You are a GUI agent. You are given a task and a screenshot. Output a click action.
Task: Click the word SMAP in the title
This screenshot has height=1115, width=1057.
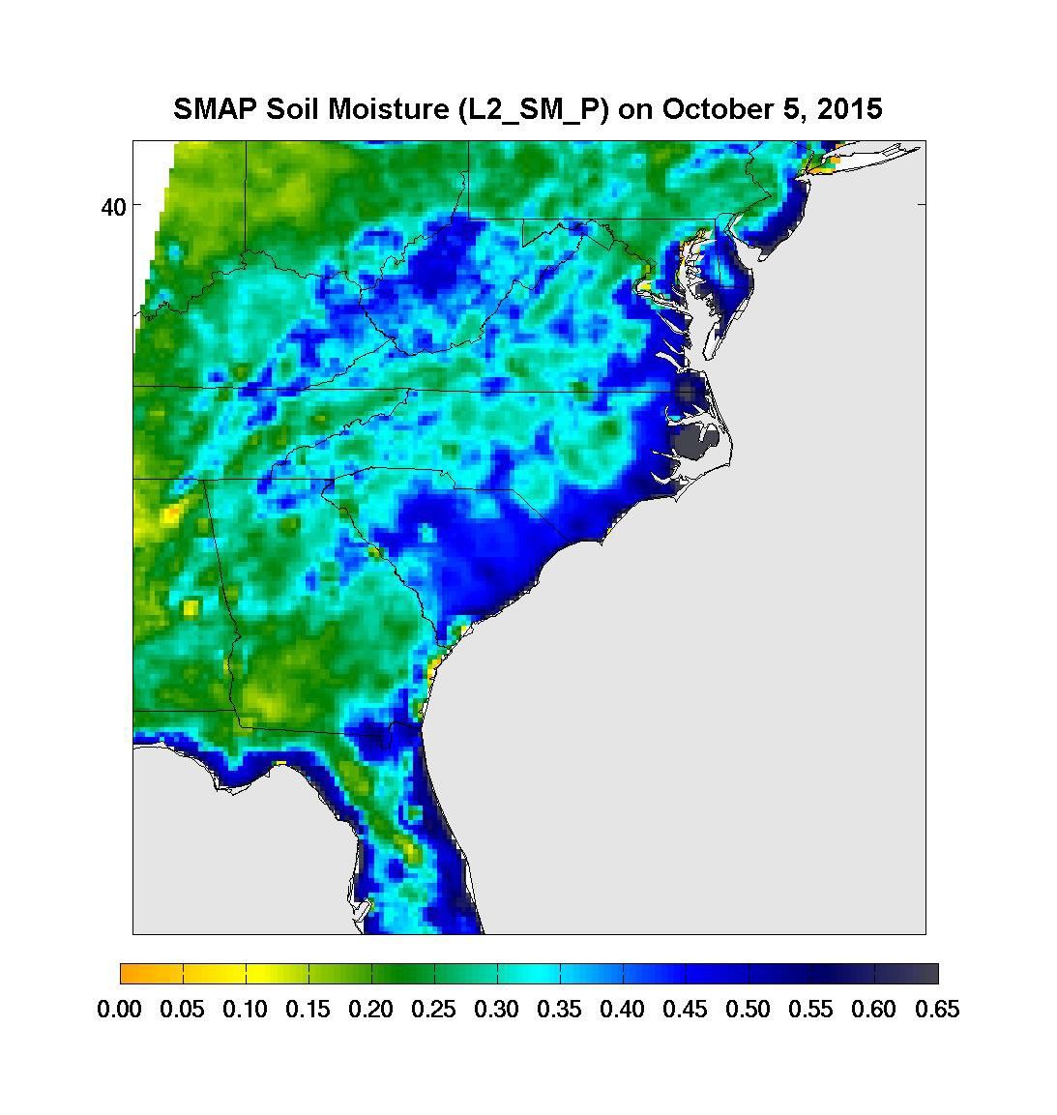coord(208,108)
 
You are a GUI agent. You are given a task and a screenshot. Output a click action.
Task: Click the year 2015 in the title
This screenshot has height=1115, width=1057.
coord(849,108)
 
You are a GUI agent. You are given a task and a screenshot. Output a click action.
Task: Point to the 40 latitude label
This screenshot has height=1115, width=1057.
coord(114,206)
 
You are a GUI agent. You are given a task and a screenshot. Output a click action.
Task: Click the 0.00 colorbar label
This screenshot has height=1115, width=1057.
coord(120,1010)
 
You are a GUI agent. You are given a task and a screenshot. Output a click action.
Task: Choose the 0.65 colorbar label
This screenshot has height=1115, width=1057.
coord(937,1010)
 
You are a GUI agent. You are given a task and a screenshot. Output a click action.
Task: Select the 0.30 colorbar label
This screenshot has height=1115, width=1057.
coord(497,1010)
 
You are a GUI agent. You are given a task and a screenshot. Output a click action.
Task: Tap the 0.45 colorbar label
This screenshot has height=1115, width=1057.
coord(686,1010)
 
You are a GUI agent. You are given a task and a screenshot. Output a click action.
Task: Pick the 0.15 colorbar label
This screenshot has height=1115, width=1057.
coord(308,1010)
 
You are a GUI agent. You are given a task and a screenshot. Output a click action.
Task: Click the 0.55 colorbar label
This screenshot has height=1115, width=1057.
coord(811,1010)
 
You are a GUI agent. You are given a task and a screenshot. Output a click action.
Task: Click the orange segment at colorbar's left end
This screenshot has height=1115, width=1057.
coord(135,973)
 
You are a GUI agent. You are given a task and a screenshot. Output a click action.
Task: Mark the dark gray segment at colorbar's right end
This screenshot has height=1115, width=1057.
coord(923,973)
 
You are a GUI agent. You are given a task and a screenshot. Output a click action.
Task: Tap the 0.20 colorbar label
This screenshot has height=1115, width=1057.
coord(371,1010)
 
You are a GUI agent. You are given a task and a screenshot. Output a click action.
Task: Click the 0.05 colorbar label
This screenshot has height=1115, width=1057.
coord(183,1010)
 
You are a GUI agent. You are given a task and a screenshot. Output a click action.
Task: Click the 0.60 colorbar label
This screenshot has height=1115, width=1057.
coord(874,1010)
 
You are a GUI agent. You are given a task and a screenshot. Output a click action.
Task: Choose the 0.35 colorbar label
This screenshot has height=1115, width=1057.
coord(560,1010)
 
